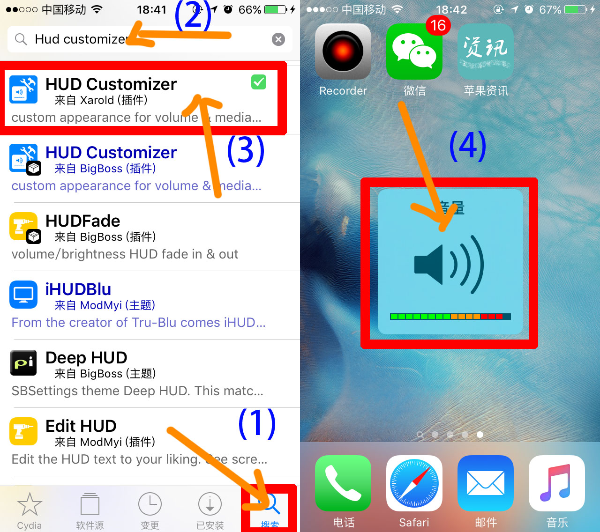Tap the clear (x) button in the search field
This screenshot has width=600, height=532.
tap(278, 39)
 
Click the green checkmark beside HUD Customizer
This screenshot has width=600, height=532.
tap(259, 82)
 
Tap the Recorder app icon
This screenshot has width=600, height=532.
tap(343, 52)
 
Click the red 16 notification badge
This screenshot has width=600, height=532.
tap(438, 25)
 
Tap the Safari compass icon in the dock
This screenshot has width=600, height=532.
tap(414, 483)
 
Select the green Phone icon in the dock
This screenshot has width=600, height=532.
tap(343, 483)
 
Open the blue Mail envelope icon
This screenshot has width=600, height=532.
tap(486, 483)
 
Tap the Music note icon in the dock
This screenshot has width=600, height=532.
tap(557, 483)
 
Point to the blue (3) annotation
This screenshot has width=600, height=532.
tap(246, 151)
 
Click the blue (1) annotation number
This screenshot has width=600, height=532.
tap(257, 423)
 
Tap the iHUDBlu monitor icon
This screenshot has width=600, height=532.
tap(23, 295)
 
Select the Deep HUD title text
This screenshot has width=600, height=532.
tap(86, 358)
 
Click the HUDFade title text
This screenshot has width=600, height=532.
tap(83, 221)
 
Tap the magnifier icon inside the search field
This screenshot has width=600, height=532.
tap(21, 39)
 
